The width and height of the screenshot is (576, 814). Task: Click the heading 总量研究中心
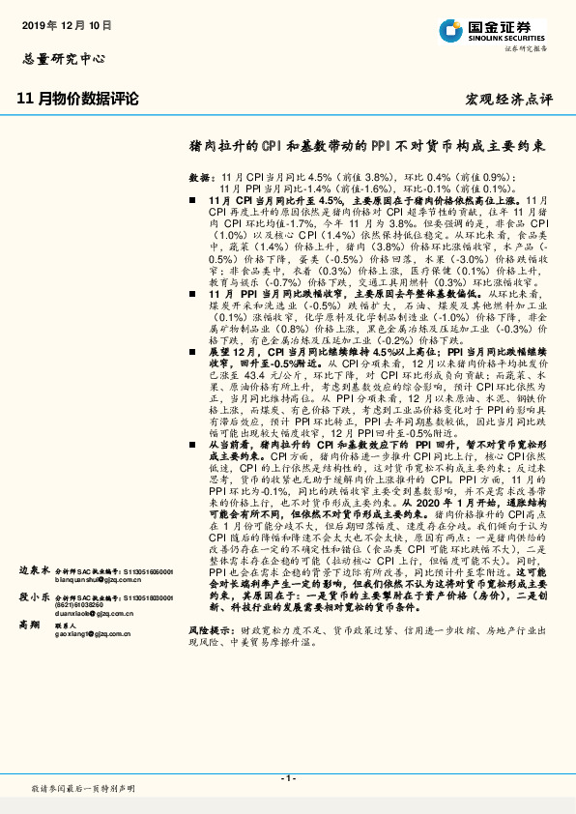(62, 58)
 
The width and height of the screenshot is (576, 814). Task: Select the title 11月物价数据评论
(78, 99)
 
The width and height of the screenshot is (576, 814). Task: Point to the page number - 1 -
(287, 778)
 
